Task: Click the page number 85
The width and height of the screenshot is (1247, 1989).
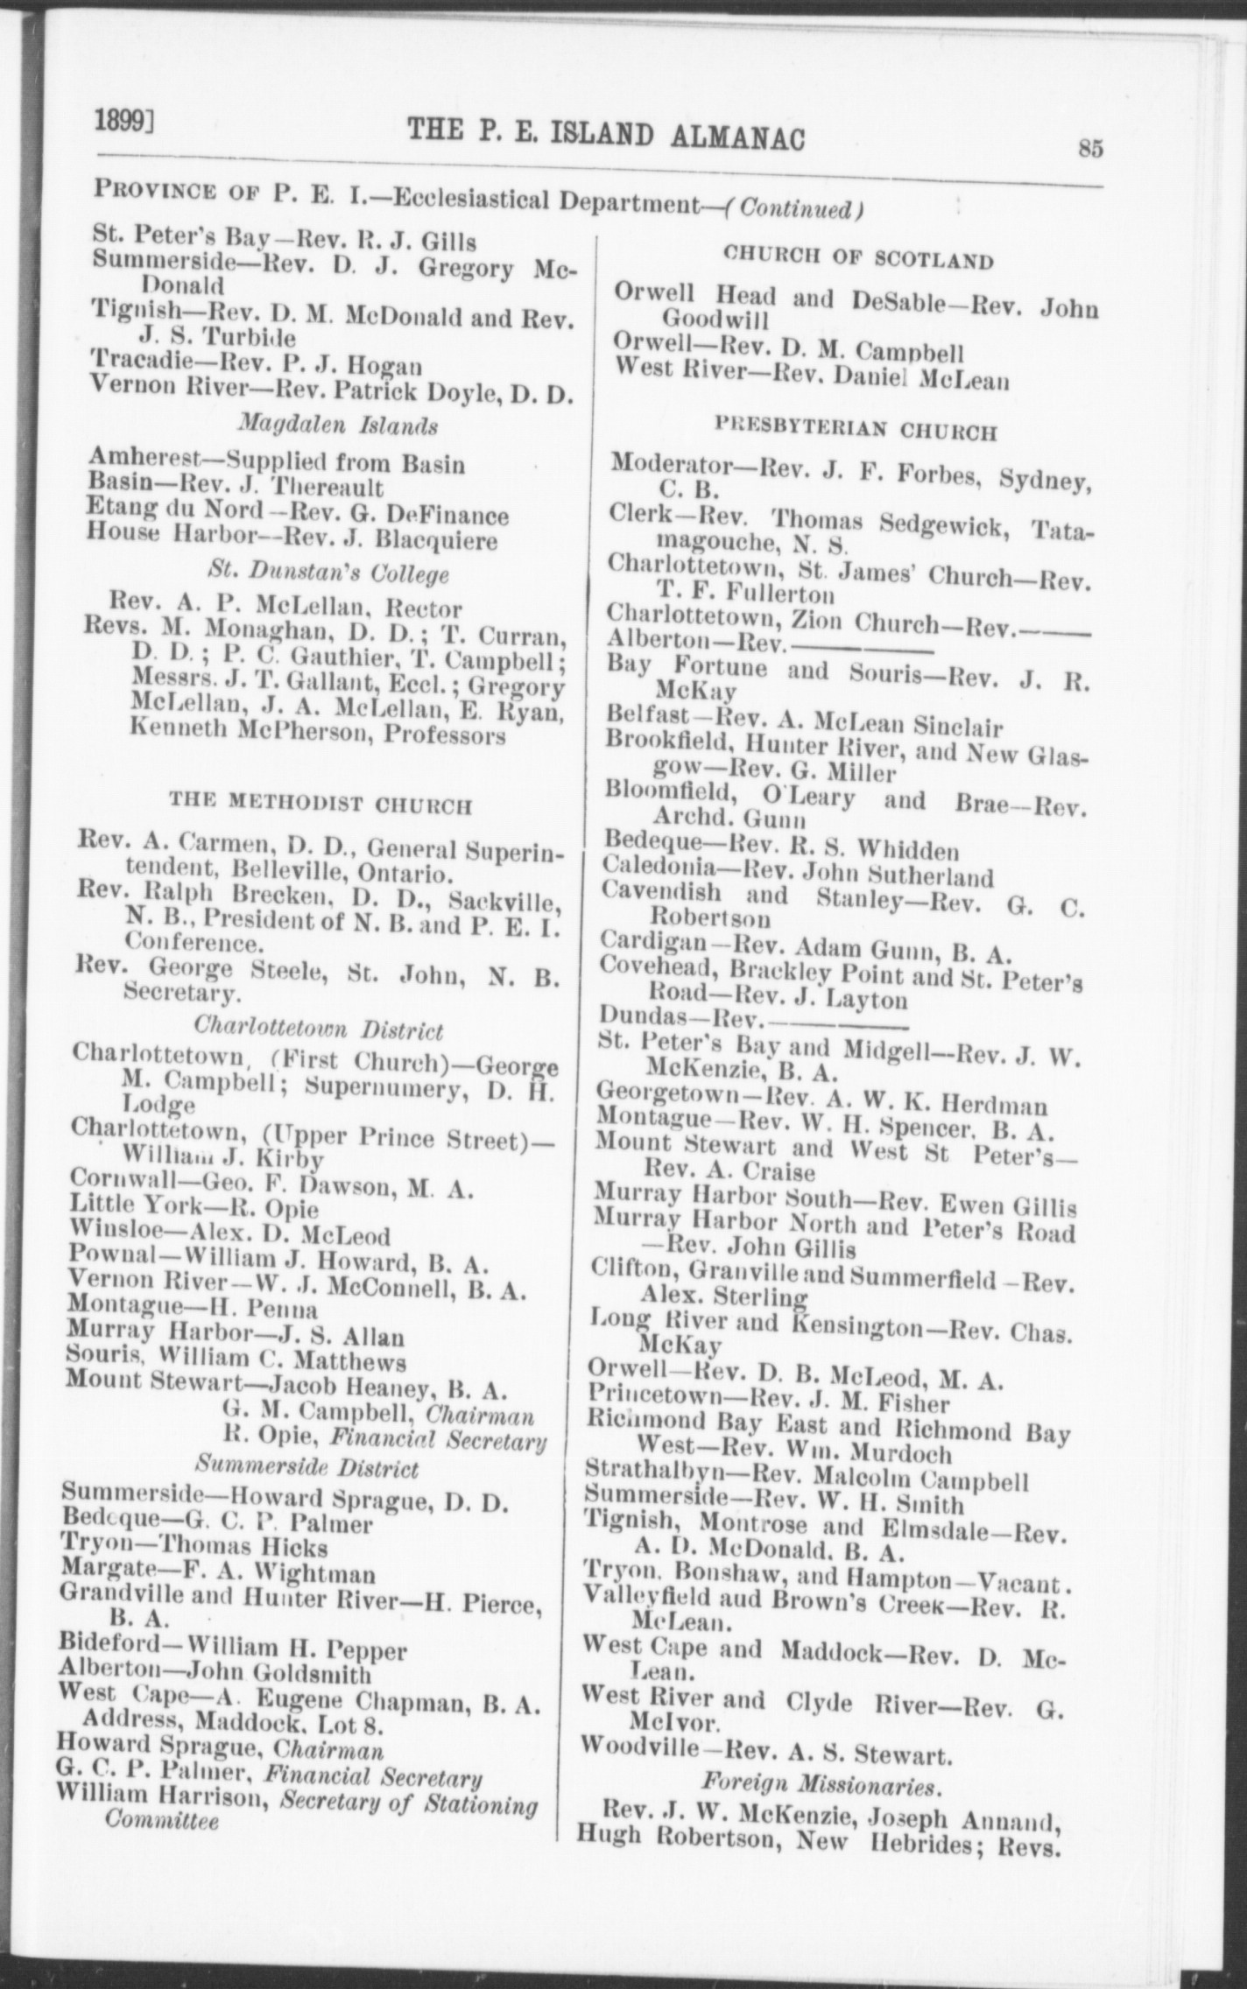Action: pos(1089,149)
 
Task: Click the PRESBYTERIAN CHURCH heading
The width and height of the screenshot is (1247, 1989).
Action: pos(856,429)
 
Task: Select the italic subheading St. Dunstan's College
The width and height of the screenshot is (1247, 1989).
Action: pos(329,573)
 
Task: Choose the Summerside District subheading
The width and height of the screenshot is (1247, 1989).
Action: pos(306,1466)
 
